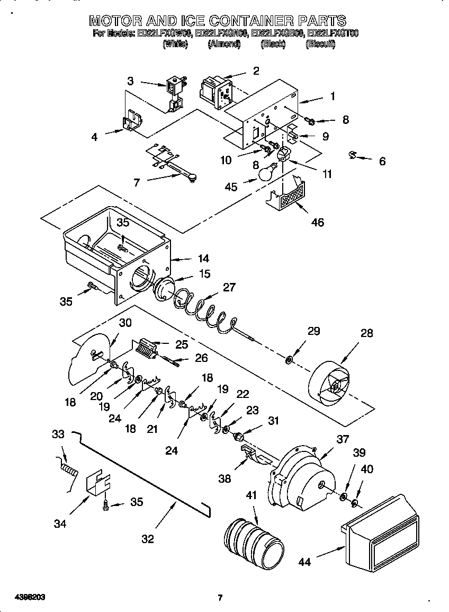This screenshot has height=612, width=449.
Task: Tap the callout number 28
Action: tap(366, 333)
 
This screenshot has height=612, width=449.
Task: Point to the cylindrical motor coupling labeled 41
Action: tap(253, 537)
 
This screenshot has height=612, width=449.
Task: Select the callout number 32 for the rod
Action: tap(148, 539)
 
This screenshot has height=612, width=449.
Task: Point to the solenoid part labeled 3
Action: tap(174, 93)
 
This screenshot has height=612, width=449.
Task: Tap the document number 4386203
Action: tap(23, 597)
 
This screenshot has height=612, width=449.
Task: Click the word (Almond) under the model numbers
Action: tap(224, 45)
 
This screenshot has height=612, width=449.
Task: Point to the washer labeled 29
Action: tap(289, 361)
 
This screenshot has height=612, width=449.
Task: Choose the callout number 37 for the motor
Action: tap(343, 438)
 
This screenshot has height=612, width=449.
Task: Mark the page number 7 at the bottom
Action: tap(220, 598)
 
